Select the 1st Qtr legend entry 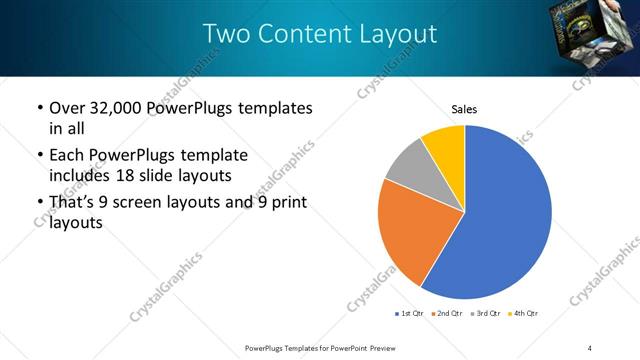coord(409,314)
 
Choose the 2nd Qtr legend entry coord(447,314)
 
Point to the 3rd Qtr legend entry coord(486,314)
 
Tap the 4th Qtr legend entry coord(524,314)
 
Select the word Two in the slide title coord(225,34)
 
